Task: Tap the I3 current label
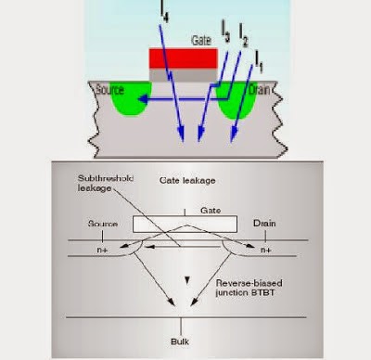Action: point(224,35)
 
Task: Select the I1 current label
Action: point(260,65)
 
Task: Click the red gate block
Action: point(183,59)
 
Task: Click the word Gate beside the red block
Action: point(201,41)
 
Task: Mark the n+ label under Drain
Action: point(267,251)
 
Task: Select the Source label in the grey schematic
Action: point(102,224)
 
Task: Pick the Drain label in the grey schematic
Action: point(266,224)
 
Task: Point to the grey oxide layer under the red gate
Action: point(183,75)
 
